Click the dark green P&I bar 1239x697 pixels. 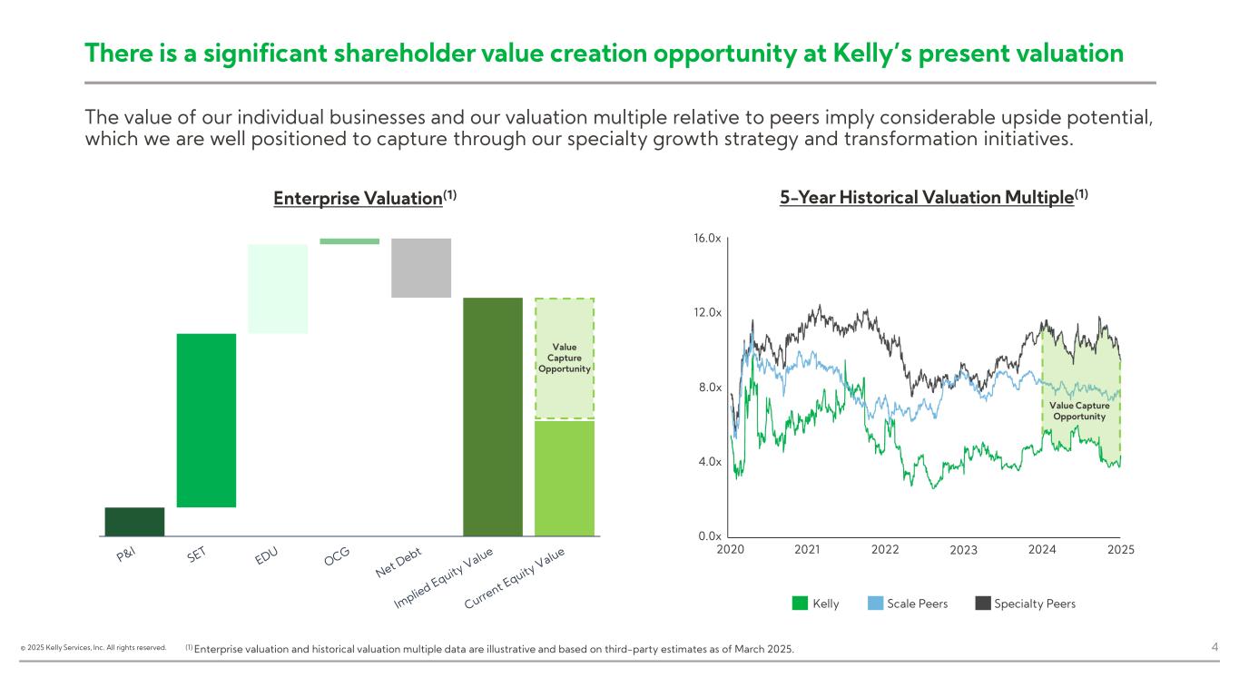coord(134,522)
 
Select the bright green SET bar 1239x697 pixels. coord(206,420)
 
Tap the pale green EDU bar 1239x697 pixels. coord(278,289)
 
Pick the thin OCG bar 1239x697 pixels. coord(349,241)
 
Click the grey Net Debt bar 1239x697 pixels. coord(421,268)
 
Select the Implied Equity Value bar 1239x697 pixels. coord(493,417)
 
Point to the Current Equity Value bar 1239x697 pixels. coord(565,478)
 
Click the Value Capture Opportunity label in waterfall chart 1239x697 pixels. coord(565,358)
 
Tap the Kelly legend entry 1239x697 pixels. coord(816,604)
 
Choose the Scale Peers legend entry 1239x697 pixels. coord(907,604)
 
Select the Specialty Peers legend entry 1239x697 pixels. coord(1025,604)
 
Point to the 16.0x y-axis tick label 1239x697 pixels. coord(707,239)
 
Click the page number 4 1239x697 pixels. coord(1214,647)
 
